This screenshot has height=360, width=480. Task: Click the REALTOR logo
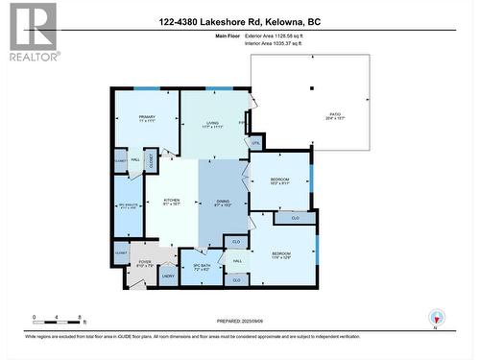click(x=31, y=32)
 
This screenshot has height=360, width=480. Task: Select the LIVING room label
click(x=215, y=125)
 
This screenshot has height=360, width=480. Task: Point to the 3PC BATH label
click(x=202, y=266)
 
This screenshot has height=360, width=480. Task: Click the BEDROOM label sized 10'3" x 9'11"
click(x=279, y=180)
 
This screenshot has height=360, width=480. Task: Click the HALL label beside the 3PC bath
click(x=237, y=260)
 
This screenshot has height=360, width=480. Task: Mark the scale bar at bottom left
click(x=59, y=319)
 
